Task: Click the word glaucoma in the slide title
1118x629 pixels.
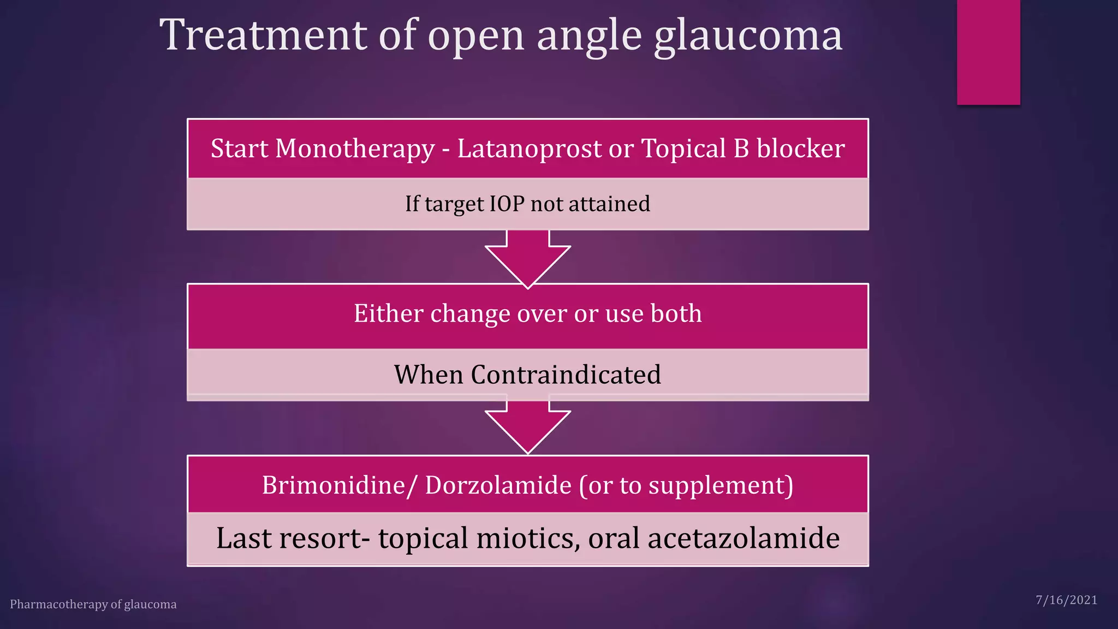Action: [x=748, y=36]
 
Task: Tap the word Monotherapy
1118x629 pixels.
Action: [x=355, y=149]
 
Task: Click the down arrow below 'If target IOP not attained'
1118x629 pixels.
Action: [x=528, y=257]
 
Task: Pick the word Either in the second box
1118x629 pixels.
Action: [x=389, y=313]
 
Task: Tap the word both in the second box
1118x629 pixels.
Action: [x=676, y=313]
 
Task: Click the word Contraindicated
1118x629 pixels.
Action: [x=566, y=375]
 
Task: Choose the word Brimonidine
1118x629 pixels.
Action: [x=333, y=485]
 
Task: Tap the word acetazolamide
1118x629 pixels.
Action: [x=744, y=538]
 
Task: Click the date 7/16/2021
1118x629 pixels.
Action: [x=1066, y=601]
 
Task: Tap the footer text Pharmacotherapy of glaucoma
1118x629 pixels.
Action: [x=93, y=604]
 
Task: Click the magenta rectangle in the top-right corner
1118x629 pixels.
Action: [x=988, y=52]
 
